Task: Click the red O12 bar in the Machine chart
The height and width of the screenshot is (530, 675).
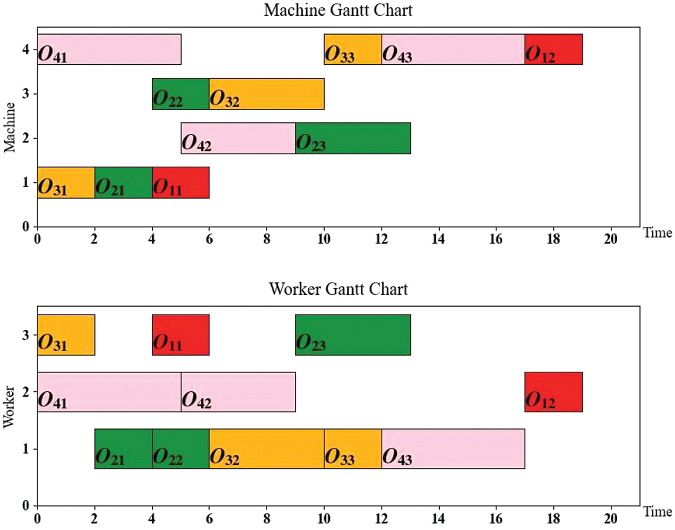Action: point(553,49)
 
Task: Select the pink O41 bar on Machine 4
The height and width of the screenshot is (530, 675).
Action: point(109,49)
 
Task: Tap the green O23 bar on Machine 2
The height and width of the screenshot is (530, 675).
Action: point(353,138)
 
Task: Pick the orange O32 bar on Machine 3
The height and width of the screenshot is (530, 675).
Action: point(266,94)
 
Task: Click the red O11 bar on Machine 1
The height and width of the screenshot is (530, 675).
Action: point(180,182)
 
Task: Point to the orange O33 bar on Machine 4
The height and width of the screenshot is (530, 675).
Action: point(353,49)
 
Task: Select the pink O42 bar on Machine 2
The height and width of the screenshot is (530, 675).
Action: point(238,138)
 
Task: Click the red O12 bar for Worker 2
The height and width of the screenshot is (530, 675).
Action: point(553,392)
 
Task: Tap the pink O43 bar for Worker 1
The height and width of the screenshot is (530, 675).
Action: point(453,449)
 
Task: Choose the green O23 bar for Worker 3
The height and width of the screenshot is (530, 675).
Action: point(353,335)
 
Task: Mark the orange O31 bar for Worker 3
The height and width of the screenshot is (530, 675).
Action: point(66,335)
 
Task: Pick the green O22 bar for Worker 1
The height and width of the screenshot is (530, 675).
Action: point(180,449)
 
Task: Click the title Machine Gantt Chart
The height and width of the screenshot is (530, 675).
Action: point(338,10)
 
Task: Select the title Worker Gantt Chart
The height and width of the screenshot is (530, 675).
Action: point(338,289)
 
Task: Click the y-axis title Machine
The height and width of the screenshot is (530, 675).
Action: point(9,127)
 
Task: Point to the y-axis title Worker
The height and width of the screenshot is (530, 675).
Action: point(9,406)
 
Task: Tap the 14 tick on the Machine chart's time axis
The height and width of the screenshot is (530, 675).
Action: point(438,239)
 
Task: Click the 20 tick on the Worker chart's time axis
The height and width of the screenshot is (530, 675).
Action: point(610,519)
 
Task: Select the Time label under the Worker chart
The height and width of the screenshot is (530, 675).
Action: point(657,512)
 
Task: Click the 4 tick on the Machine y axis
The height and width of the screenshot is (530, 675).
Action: point(25,50)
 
